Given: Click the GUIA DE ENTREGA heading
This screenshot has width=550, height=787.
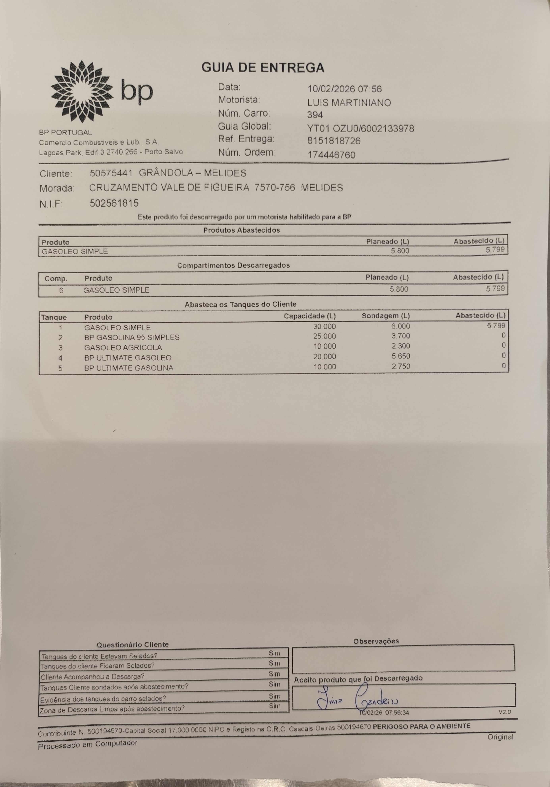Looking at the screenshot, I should [x=263, y=67].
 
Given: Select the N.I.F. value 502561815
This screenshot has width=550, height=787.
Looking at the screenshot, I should [x=114, y=203].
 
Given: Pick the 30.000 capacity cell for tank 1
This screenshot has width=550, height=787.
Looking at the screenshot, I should [x=324, y=326].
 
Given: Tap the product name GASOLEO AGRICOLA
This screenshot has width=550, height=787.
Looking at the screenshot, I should [x=123, y=348].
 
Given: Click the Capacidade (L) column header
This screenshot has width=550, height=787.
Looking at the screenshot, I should [x=310, y=316].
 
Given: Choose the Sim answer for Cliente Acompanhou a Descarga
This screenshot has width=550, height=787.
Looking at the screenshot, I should [x=274, y=674].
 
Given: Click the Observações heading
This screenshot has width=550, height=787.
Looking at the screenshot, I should [x=376, y=641].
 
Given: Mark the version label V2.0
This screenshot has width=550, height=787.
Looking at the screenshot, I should [x=504, y=712].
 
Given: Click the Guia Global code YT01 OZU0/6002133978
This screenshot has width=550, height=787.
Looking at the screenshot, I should [x=360, y=129].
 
